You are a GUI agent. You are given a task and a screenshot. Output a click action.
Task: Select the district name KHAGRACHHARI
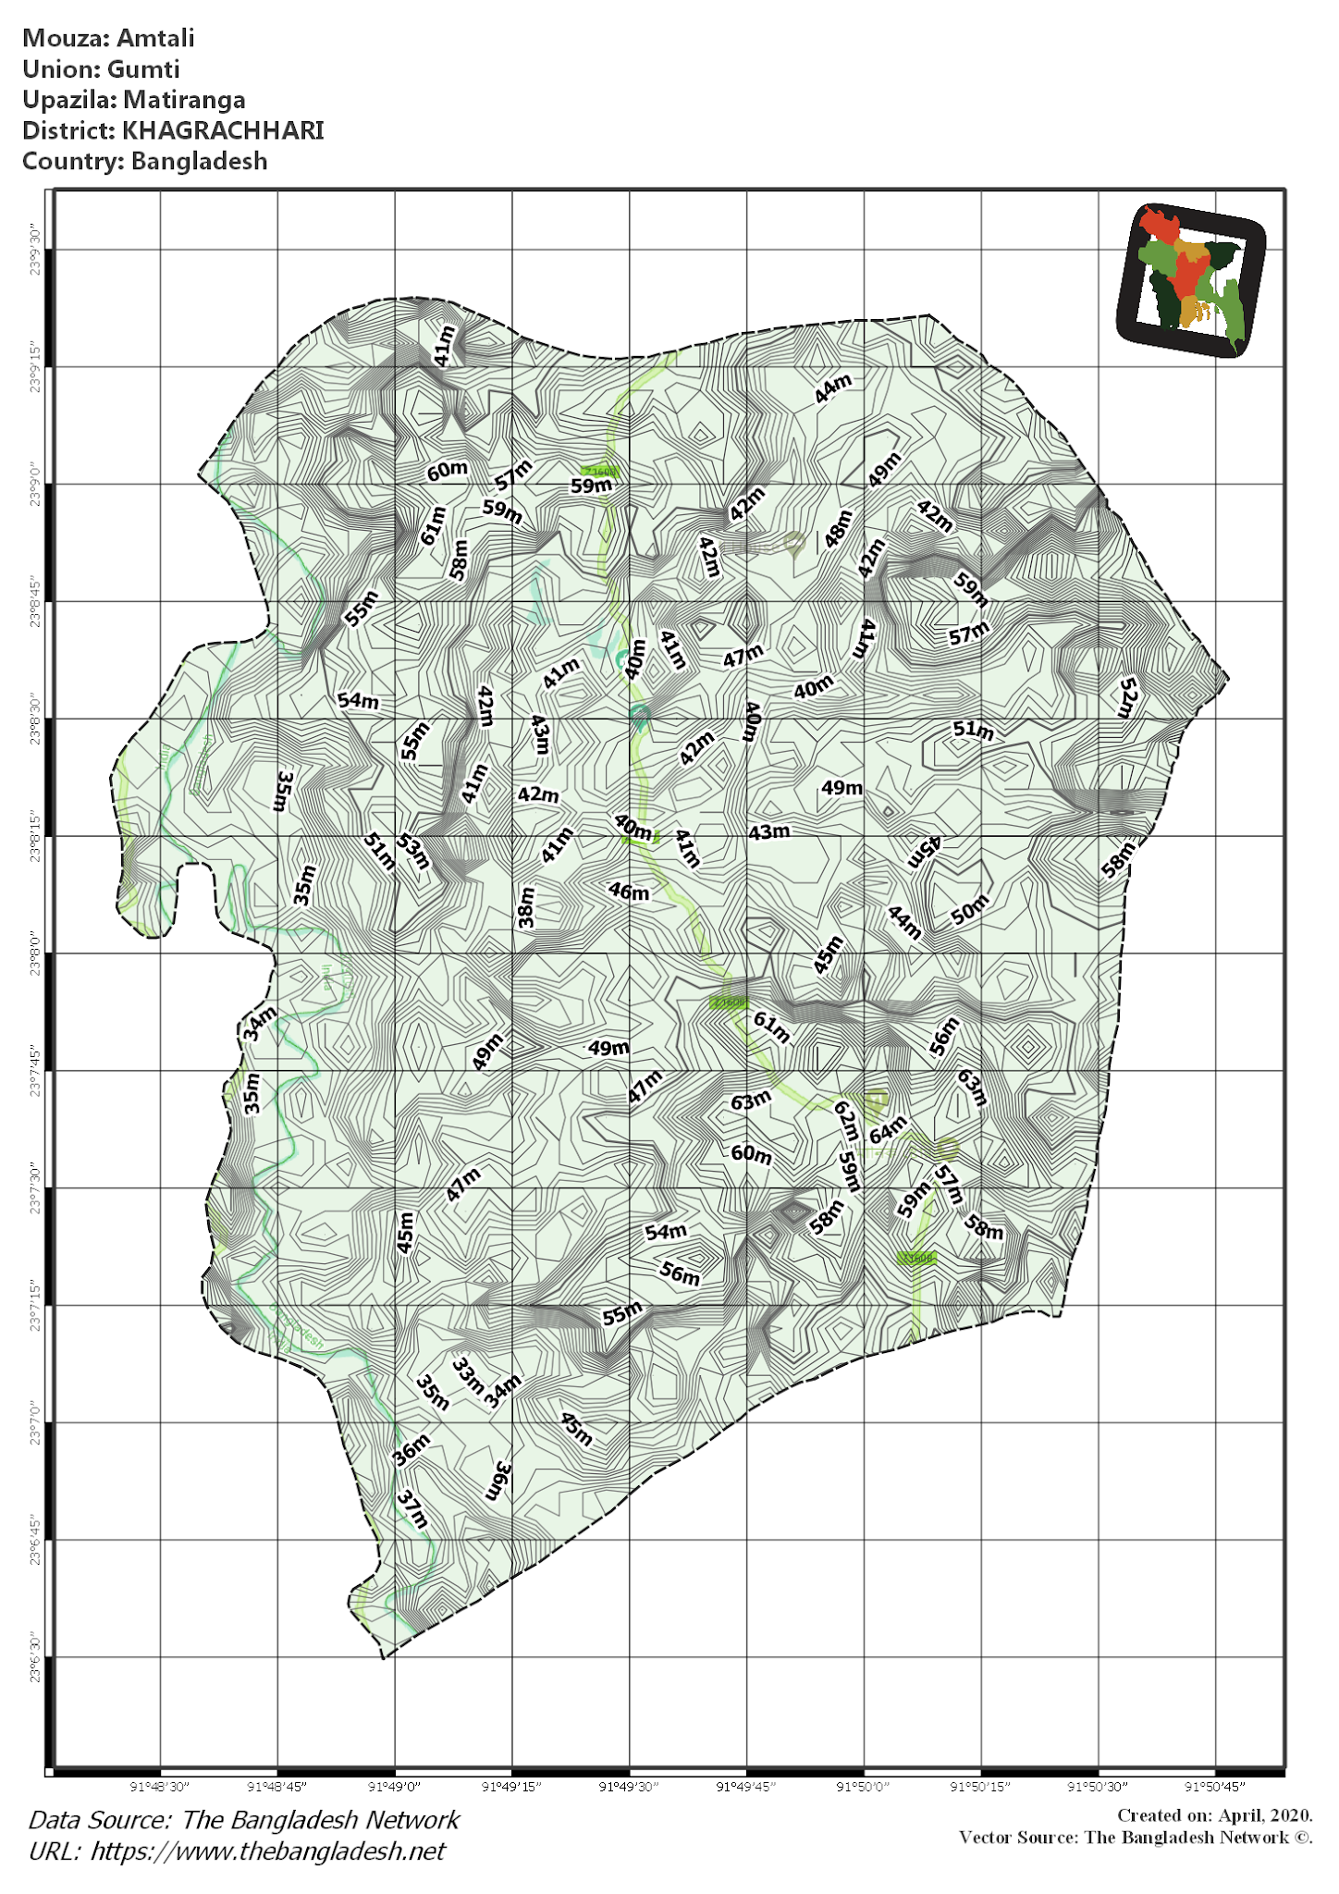(223, 130)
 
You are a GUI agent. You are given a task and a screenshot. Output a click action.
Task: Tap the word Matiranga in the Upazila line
(185, 100)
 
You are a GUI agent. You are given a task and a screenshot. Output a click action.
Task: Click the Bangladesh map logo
(1190, 279)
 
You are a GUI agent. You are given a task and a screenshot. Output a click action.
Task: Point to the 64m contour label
(888, 1129)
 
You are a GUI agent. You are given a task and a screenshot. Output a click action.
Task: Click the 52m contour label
(1127, 697)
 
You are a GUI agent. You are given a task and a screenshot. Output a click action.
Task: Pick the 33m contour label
(468, 1375)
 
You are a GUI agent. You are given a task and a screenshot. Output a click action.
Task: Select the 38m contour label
(526, 906)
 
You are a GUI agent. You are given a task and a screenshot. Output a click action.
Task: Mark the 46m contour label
(629, 892)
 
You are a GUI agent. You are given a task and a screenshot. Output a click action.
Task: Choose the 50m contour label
(970, 909)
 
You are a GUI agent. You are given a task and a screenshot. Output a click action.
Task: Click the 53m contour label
(413, 851)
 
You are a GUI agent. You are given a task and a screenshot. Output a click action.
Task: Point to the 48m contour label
(838, 528)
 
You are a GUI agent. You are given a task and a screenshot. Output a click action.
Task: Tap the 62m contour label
(846, 1121)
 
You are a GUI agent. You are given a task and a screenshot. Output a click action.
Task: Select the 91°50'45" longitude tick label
(1215, 1786)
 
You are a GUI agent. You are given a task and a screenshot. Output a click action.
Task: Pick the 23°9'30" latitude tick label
(35, 249)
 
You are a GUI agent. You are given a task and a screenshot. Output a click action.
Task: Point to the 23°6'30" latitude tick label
(35, 1656)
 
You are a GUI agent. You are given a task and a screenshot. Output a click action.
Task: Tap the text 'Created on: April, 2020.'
(1214, 1815)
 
